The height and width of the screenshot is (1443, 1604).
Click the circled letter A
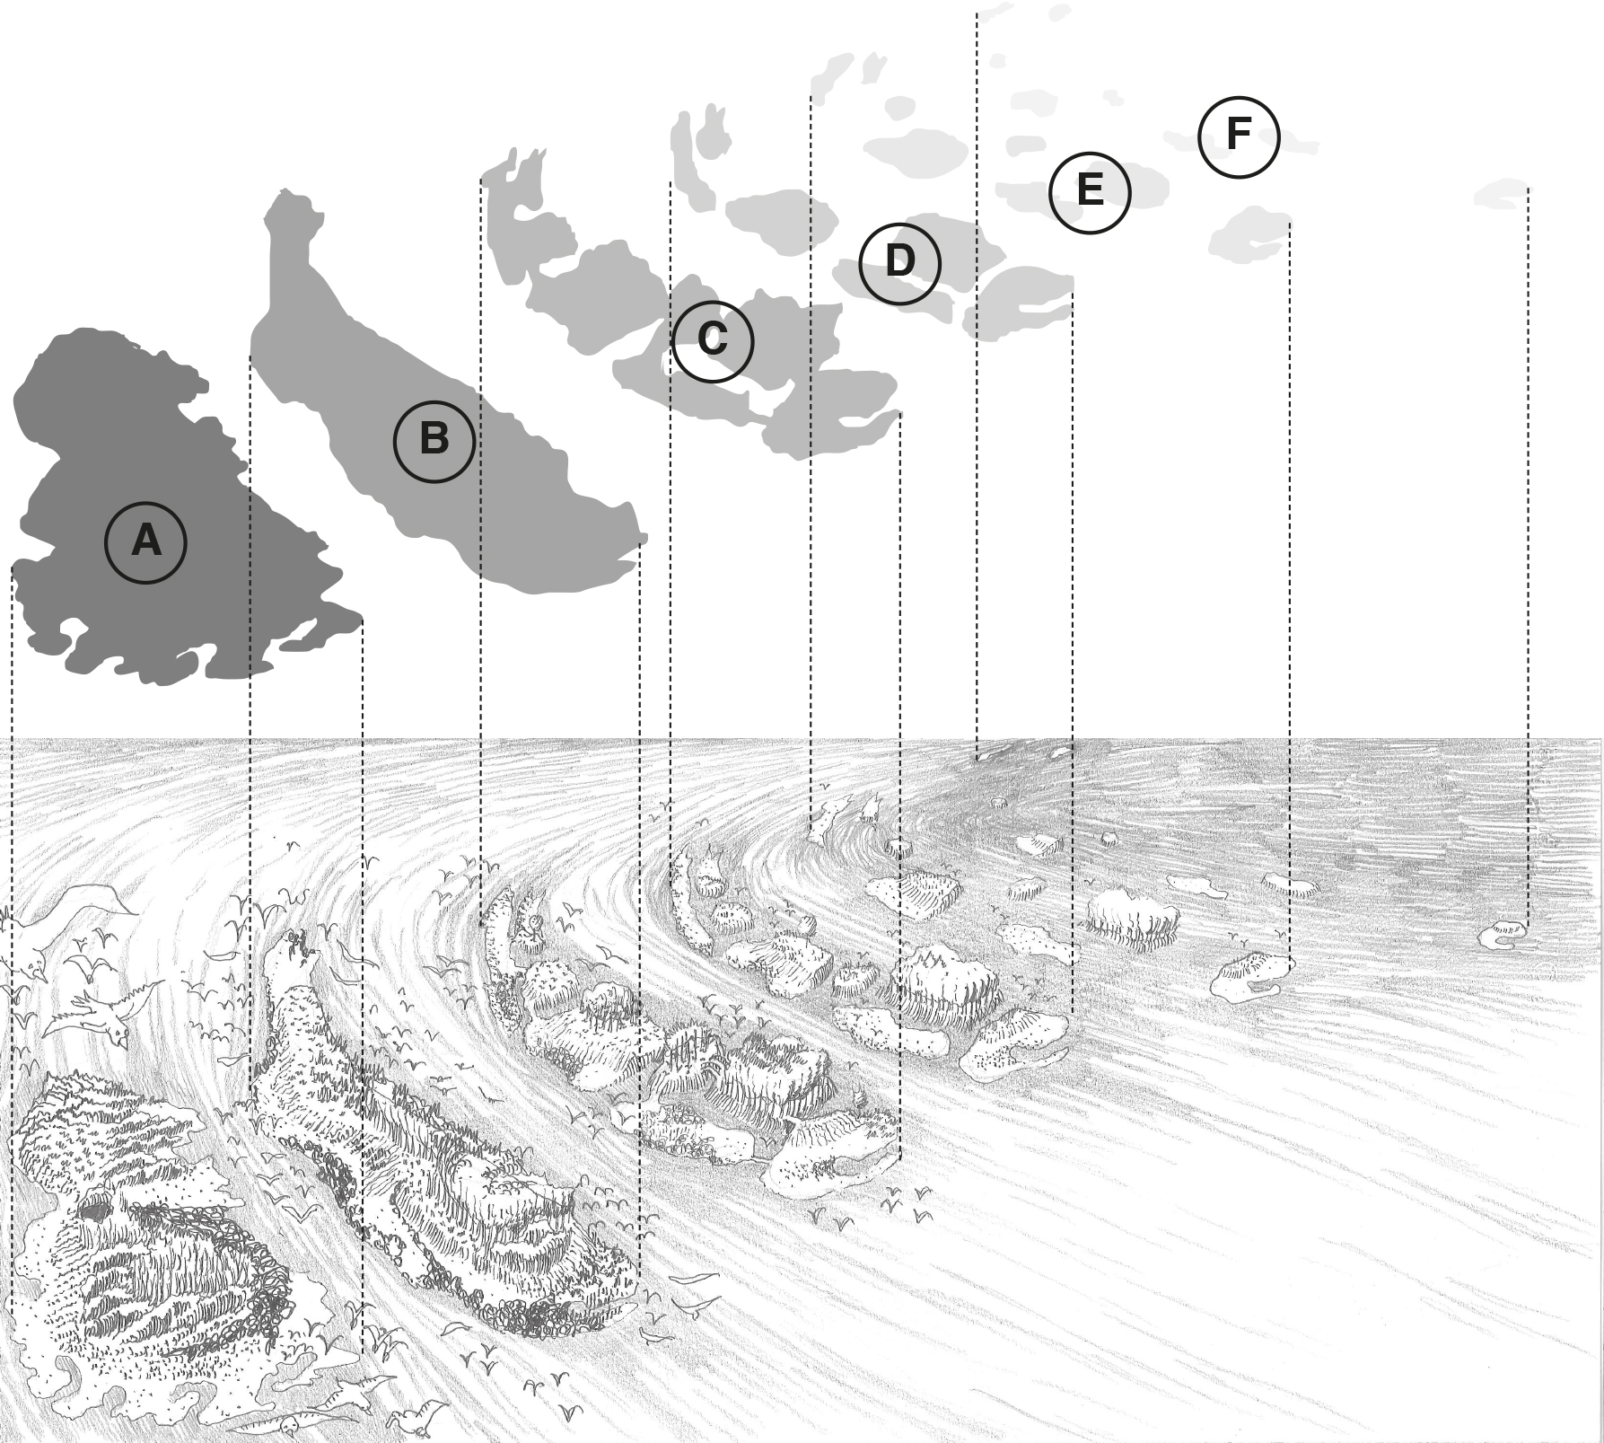pyautogui.click(x=145, y=542)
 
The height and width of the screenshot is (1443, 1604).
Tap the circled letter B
pyautogui.click(x=434, y=441)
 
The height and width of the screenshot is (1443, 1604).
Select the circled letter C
pyautogui.click(x=713, y=341)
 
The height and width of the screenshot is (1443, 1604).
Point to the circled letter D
pyautogui.click(x=899, y=263)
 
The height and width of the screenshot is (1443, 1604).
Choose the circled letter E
pyautogui.click(x=1090, y=192)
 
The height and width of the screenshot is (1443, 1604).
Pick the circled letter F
pyautogui.click(x=1238, y=136)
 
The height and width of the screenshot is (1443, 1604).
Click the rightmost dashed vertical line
pyautogui.click(x=1528, y=539)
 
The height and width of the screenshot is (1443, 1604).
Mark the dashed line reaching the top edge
pyautogui.click(x=977, y=359)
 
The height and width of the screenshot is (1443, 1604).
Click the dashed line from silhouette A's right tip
pyautogui.click(x=363, y=898)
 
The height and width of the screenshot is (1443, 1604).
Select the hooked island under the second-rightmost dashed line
pyautogui.click(x=1251, y=976)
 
